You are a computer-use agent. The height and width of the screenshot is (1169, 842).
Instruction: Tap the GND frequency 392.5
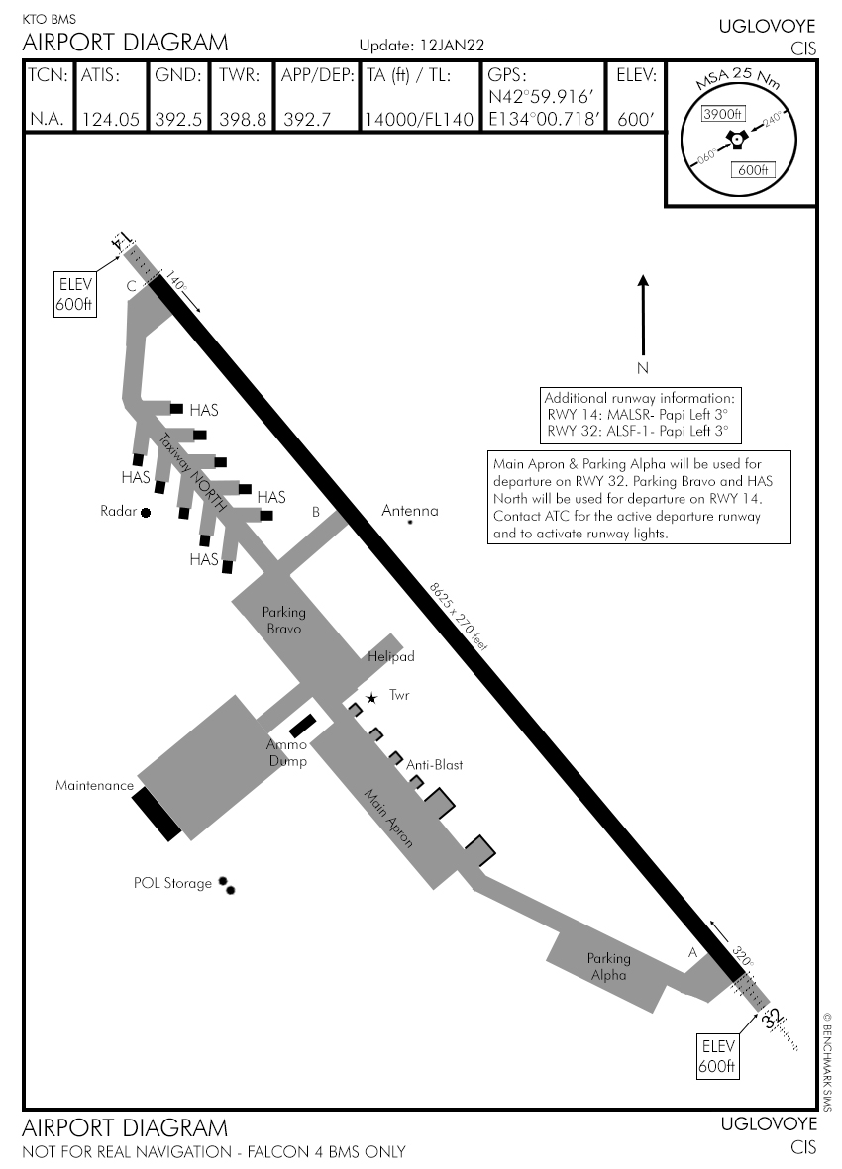(x=178, y=119)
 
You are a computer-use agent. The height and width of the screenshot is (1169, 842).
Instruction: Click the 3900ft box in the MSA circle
(x=722, y=114)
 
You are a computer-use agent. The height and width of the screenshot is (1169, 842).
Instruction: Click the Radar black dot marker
(x=146, y=512)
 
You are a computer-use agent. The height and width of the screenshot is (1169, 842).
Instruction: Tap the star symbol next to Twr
(x=371, y=698)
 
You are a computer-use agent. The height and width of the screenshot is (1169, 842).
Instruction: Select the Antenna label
(x=409, y=511)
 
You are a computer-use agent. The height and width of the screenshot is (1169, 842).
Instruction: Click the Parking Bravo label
(x=283, y=621)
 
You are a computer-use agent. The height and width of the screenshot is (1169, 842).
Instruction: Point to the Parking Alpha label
(x=608, y=966)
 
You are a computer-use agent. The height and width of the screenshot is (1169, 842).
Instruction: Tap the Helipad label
(x=390, y=656)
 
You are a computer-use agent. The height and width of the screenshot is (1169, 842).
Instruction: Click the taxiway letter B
(x=315, y=512)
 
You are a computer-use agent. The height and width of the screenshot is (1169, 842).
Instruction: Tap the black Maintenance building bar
(x=158, y=814)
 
